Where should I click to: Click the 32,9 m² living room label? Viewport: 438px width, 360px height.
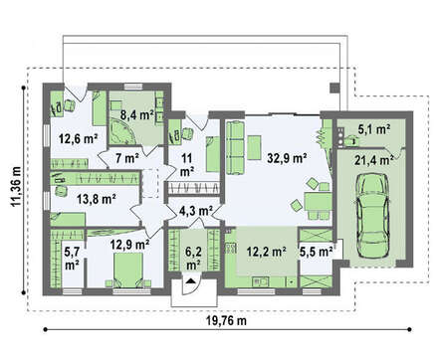click(287, 159)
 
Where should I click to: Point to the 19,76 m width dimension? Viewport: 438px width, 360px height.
click(227, 320)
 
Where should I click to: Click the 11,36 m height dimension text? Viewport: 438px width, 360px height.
click(16, 186)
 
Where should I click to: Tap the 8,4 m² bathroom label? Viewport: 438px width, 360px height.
click(136, 114)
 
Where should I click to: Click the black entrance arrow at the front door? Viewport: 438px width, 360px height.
click(190, 281)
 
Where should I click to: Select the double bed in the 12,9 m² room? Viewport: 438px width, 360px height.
click(128, 270)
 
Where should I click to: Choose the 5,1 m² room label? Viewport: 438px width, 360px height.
click(374, 129)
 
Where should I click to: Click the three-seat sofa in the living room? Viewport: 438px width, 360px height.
click(235, 148)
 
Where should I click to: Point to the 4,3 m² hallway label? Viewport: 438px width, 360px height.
click(196, 211)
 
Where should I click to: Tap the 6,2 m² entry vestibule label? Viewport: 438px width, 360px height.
click(193, 259)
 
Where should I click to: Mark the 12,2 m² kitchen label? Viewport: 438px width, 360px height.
click(267, 252)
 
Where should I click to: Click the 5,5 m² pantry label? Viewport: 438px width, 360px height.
click(317, 252)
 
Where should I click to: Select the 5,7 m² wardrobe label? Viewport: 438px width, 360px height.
click(72, 259)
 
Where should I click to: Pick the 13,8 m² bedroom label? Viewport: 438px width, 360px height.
click(96, 199)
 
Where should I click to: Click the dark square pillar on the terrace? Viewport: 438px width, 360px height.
click(334, 88)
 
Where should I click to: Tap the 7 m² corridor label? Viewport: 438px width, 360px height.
click(127, 159)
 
